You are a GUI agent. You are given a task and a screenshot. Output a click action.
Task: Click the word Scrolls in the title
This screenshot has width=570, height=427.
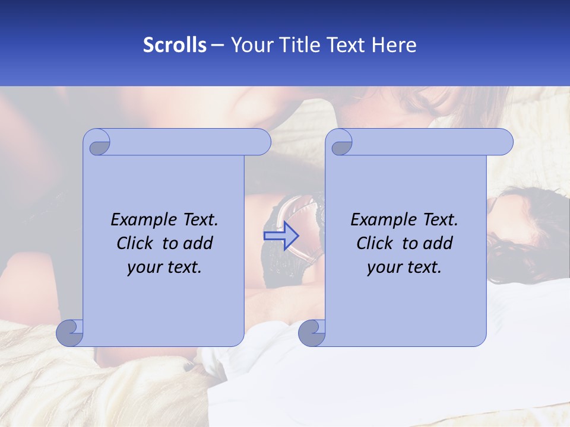coord(175,45)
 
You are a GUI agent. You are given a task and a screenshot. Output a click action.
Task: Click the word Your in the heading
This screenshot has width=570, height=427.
coord(249,45)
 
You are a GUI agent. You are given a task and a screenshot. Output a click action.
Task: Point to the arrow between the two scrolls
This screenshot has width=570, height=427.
coord(281,235)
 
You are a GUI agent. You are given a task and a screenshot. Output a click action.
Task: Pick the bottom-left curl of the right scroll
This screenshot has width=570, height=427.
coord(312,333)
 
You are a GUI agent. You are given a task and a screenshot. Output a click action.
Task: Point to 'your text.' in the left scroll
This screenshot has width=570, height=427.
coord(164,267)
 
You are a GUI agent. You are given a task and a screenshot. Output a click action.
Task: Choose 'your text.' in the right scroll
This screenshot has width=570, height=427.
coord(404,267)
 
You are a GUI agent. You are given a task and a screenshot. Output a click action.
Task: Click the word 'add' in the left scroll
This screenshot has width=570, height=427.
coord(198,243)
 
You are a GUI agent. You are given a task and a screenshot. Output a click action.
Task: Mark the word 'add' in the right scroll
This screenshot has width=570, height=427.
coord(438,243)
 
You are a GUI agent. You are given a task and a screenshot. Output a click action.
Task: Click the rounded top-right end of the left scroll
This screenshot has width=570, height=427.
coord(261,142)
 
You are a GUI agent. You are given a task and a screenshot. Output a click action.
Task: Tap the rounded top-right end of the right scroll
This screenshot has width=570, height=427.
coord(503,142)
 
